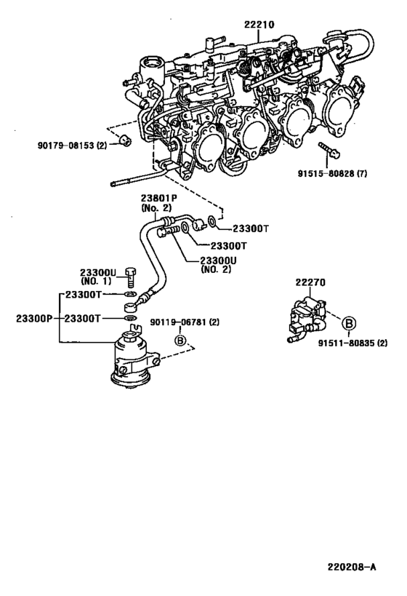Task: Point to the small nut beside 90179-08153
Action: point(125,139)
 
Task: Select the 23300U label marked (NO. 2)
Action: point(218,263)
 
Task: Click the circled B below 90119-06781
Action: point(178,338)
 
